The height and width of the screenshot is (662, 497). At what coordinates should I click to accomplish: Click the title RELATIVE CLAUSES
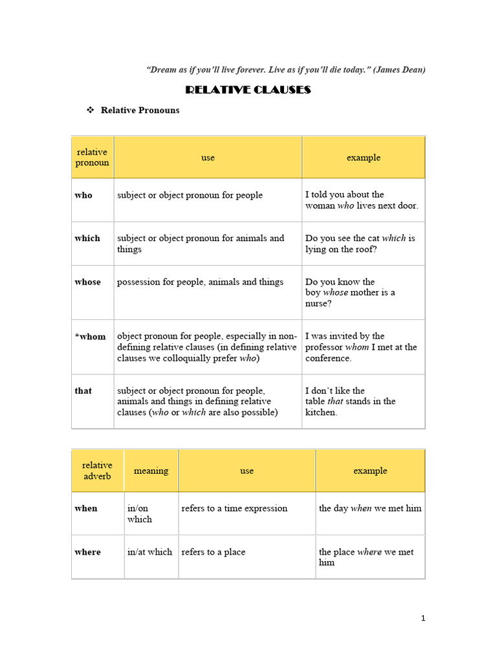(x=248, y=90)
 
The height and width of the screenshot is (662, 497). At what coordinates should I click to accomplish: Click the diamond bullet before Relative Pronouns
(x=91, y=110)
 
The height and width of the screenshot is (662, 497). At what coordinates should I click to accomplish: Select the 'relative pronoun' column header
(x=92, y=157)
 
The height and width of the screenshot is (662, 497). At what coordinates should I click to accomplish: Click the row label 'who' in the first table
(x=83, y=195)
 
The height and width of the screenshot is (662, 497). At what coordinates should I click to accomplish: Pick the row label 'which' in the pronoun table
(x=87, y=238)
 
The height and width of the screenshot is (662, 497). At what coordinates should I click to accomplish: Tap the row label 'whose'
(x=87, y=282)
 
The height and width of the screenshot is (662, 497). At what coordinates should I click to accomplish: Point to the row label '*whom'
(x=90, y=336)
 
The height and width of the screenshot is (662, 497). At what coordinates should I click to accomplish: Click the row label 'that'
(x=83, y=390)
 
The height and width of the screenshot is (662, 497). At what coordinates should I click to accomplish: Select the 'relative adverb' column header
(x=97, y=471)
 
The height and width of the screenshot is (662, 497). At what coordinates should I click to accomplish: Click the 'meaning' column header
(x=151, y=471)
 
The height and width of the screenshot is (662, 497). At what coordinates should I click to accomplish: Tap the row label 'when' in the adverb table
(x=86, y=508)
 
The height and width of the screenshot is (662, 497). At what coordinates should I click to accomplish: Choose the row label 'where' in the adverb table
(x=87, y=552)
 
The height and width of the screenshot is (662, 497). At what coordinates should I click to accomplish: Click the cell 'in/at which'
(x=150, y=552)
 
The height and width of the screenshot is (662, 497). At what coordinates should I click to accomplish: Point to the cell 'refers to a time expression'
(x=234, y=508)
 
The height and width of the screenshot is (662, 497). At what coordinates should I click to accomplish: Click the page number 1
(x=423, y=619)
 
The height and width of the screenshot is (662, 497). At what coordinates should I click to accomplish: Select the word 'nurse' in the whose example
(x=316, y=303)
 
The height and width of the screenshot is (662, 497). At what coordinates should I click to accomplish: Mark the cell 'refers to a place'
(x=214, y=552)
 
